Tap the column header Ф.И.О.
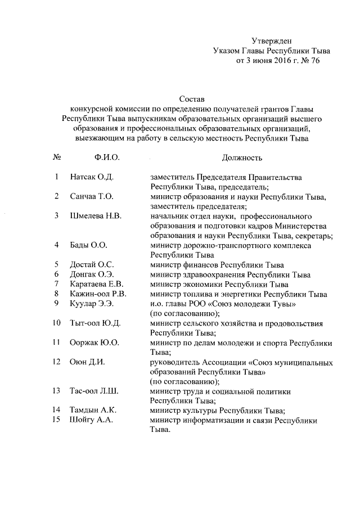coord(107,158)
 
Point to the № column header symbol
coord(57,158)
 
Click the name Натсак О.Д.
coord(92,178)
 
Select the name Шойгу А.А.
coord(92,421)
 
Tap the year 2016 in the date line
coord(271,61)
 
